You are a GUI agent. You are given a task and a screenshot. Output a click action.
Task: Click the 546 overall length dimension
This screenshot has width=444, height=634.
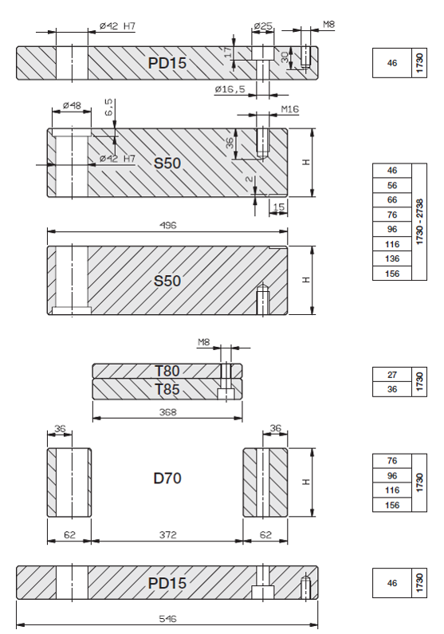point(167,619)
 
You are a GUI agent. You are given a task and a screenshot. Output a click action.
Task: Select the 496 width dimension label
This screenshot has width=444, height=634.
point(167,225)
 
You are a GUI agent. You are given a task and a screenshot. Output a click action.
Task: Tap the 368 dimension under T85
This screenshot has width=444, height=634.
point(167,412)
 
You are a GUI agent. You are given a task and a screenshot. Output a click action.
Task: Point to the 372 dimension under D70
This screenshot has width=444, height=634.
point(167,535)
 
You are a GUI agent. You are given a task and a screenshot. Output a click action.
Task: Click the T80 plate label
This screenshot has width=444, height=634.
point(167,371)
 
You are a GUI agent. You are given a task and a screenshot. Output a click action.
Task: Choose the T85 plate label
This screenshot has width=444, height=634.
point(167,389)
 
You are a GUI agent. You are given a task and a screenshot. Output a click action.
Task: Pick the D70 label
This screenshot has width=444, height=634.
point(167,478)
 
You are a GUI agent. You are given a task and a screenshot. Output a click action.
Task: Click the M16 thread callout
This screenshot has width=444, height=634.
point(289,109)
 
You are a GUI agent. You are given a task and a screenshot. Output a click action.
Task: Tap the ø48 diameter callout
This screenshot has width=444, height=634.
point(72,105)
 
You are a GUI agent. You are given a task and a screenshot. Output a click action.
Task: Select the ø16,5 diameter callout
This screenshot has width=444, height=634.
point(230,89)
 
